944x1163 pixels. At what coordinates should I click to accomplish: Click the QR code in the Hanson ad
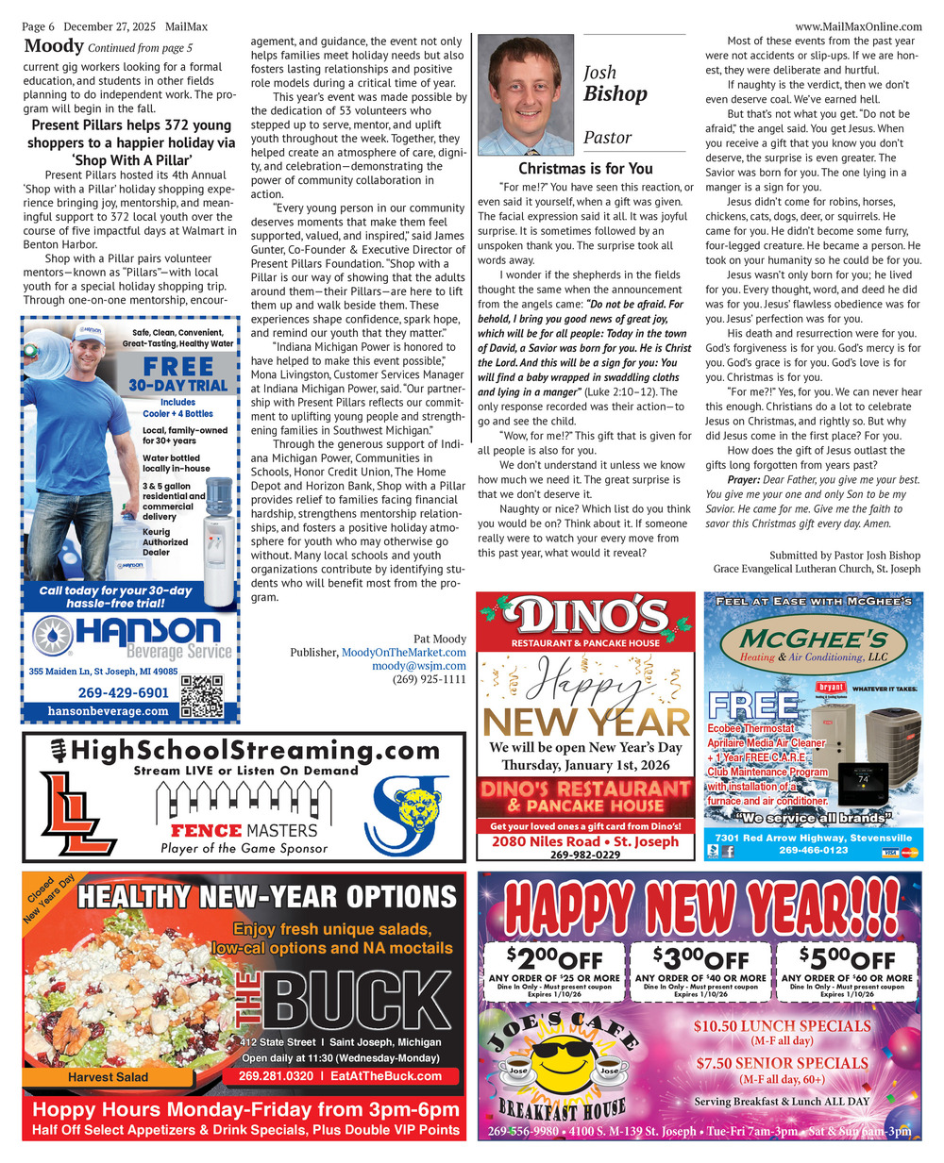[201, 696]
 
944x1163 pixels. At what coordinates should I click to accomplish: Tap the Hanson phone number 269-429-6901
[123, 692]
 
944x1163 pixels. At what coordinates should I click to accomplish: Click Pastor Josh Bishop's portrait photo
[523, 94]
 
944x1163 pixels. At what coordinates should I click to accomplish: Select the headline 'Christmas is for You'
[585, 168]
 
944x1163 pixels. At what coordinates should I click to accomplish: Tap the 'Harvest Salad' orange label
[108, 1076]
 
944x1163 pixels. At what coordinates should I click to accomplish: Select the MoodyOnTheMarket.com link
[403, 652]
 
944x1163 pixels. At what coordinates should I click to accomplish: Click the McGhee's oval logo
[813, 646]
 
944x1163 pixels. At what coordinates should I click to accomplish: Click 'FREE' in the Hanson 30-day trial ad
[178, 366]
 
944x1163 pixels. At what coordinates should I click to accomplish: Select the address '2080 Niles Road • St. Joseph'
[585, 841]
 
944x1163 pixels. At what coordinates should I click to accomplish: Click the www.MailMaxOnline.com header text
[858, 26]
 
